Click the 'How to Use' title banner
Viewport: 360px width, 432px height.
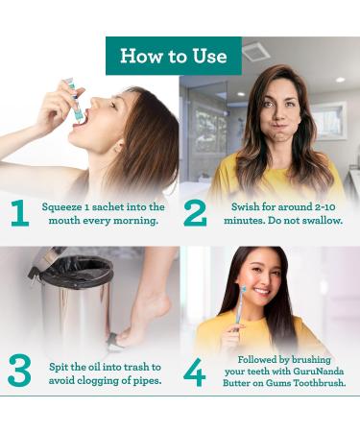pyautogui.click(x=173, y=55)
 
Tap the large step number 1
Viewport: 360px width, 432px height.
pyautogui.click(x=20, y=213)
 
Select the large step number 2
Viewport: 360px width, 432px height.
pyautogui.click(x=195, y=213)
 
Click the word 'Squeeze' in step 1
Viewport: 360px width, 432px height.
pyautogui.click(x=63, y=206)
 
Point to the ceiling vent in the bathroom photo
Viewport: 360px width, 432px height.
pyautogui.click(x=255, y=51)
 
